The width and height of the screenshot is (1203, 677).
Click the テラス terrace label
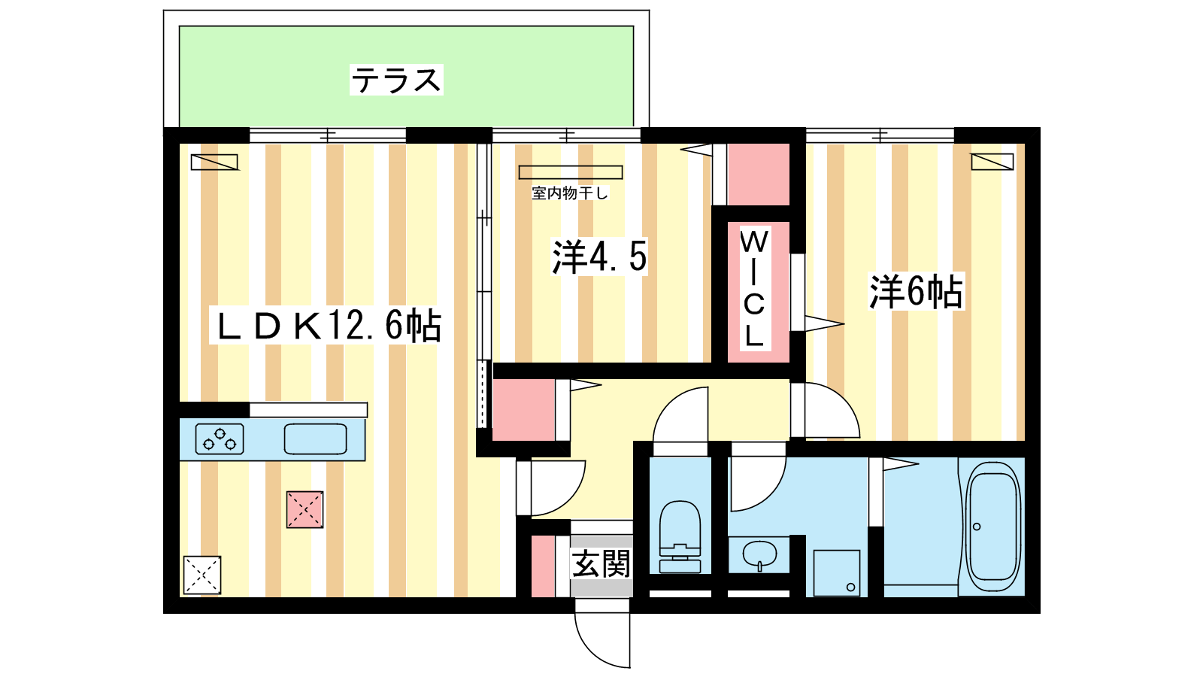tap(396, 80)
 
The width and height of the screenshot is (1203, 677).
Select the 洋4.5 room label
tap(599, 257)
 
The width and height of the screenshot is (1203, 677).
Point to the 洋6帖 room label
tap(917, 291)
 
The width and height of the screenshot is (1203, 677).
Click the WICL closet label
tap(754, 289)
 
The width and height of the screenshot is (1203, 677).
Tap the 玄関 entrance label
tap(601, 563)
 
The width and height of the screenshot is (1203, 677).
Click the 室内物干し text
tap(570, 193)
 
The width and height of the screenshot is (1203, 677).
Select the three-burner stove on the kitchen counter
tap(219, 439)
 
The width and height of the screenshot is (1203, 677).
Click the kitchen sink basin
tap(315, 439)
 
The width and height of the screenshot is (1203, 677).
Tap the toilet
tap(680, 537)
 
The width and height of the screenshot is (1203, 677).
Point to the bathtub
tap(993, 527)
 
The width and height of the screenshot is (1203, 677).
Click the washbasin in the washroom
tap(759, 555)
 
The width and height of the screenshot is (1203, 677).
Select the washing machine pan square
tap(837, 572)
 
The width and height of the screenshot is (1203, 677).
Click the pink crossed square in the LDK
tap(305, 509)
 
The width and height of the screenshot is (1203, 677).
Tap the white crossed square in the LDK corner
tap(202, 575)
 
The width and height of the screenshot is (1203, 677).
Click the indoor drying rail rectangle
tap(571, 172)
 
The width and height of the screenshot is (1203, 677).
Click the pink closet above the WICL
tap(759, 174)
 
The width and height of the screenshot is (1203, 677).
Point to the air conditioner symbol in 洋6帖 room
tap(992, 162)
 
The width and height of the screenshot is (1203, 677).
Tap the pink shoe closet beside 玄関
tap(543, 566)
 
